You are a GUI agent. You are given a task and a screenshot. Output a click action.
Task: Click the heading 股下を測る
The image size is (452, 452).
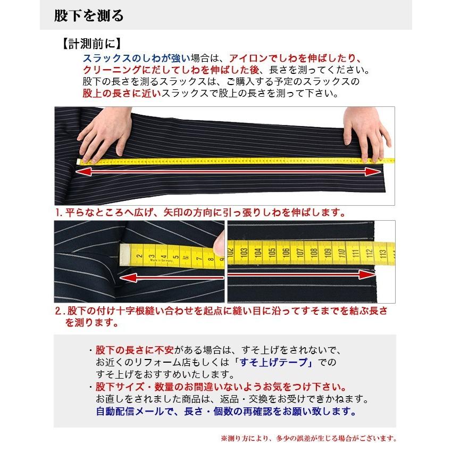point(89,16)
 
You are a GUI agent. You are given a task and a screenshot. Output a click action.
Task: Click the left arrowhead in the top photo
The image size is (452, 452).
point(85,171)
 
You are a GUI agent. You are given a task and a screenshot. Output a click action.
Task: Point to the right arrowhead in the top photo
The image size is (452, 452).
point(374,171)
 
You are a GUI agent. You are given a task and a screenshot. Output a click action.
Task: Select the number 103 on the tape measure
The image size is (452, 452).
point(245,254)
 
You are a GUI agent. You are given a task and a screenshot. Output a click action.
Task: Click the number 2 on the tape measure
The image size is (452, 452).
point(139,256)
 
